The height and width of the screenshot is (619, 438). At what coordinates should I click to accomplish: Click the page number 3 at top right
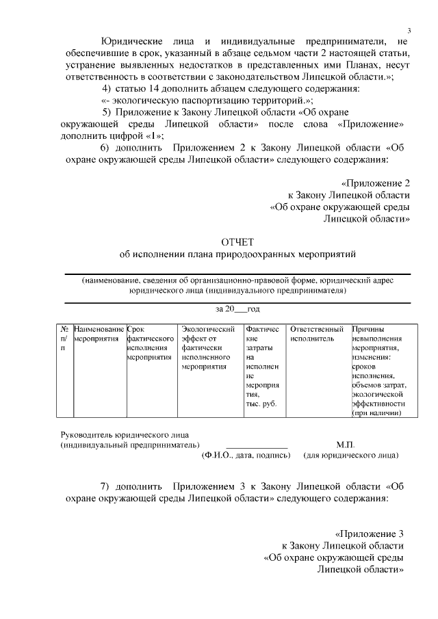[409, 31]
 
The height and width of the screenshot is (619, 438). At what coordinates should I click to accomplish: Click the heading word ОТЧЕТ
[237, 242]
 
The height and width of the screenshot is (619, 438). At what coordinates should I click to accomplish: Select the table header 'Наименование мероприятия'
[99, 334]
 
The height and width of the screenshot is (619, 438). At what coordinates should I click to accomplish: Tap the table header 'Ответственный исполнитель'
[316, 334]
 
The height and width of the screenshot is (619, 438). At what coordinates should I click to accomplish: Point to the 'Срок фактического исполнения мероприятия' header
[150, 343]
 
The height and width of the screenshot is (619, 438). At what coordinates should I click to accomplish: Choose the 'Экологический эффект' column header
[209, 347]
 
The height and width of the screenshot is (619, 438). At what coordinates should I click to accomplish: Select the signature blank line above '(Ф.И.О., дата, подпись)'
[257, 447]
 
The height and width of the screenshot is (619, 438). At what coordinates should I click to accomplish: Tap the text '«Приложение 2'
[375, 183]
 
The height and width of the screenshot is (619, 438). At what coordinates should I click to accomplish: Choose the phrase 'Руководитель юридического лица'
[125, 434]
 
